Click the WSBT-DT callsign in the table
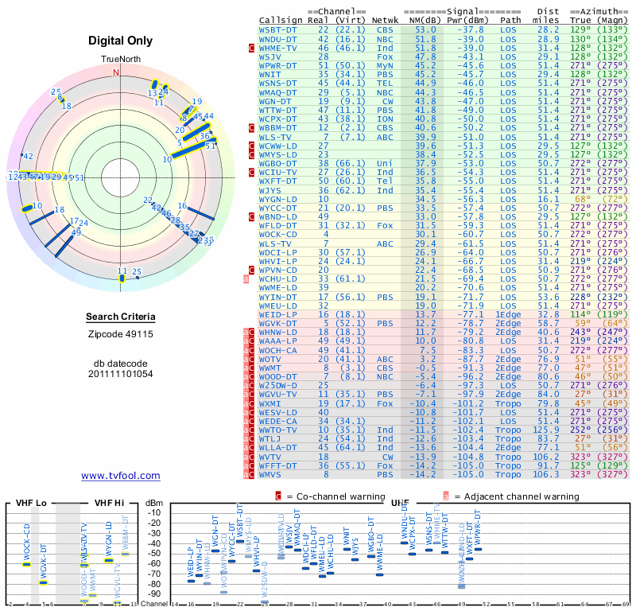(277, 29)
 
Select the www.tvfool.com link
(121, 476)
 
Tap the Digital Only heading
(121, 41)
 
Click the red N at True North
(117, 72)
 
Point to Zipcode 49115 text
(121, 334)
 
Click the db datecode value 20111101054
(121, 373)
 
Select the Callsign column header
(281, 19)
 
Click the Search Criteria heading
(121, 317)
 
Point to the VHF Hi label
(108, 503)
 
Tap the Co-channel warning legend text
(335, 496)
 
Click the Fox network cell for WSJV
(385, 56)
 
